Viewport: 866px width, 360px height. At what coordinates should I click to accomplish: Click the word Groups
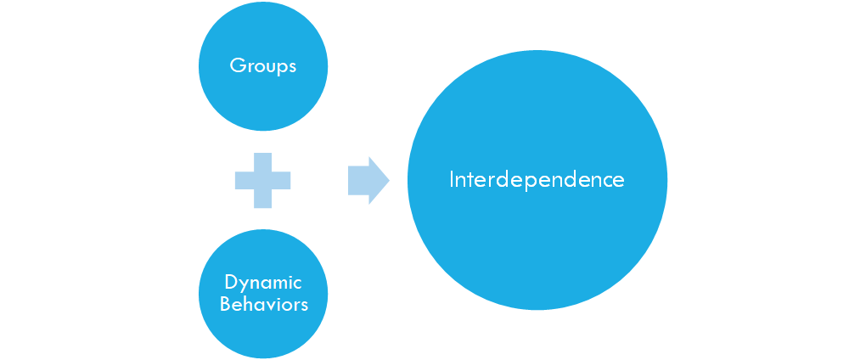[263, 67]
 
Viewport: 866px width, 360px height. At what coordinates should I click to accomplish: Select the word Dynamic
[263, 284]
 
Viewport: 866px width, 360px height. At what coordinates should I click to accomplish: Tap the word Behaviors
[263, 304]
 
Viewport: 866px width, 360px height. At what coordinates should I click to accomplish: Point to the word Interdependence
[537, 180]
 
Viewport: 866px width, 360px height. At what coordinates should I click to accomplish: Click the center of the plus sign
[263, 181]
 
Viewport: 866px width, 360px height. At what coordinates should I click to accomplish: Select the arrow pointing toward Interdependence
[369, 181]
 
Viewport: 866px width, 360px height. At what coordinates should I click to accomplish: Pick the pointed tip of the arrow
[390, 181]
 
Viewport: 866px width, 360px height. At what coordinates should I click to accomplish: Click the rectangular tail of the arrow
[358, 181]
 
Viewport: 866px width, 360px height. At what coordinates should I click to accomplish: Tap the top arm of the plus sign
[263, 162]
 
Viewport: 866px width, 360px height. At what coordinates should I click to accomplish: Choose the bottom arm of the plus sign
[263, 199]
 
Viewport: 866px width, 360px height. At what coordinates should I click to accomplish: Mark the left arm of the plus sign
[245, 181]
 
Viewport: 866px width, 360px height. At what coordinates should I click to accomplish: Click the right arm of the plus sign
[281, 181]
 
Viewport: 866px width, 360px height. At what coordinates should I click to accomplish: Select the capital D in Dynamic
[232, 282]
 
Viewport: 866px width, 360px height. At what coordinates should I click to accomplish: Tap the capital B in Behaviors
[226, 304]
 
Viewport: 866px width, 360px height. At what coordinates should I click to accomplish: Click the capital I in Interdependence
[452, 180]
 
